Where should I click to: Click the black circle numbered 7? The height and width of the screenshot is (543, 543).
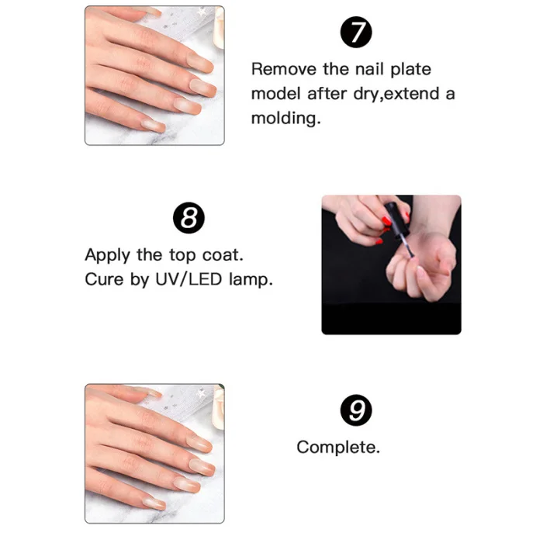pyautogui.click(x=356, y=33)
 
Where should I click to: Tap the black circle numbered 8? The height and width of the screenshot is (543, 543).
pyautogui.click(x=188, y=218)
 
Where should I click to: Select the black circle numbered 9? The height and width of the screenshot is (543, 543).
pyautogui.click(x=356, y=410)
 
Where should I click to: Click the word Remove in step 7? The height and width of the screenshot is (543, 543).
pyautogui.click(x=284, y=69)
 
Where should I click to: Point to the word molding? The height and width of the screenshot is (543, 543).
pyautogui.click(x=286, y=118)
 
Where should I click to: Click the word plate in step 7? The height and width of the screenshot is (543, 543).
pyautogui.click(x=410, y=69)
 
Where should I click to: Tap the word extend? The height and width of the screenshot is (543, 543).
pyautogui.click(x=412, y=94)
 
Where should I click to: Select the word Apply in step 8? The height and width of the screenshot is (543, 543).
pyautogui.click(x=108, y=255)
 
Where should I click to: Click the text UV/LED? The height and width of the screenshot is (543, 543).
pyautogui.click(x=188, y=279)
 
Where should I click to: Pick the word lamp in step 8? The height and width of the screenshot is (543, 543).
pyautogui.click(x=251, y=280)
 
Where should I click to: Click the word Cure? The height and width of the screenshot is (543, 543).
pyautogui.click(x=104, y=279)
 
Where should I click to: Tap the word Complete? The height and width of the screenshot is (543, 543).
pyautogui.click(x=338, y=448)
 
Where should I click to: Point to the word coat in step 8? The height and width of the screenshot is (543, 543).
pyautogui.click(x=223, y=255)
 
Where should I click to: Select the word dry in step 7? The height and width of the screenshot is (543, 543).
pyautogui.click(x=366, y=94)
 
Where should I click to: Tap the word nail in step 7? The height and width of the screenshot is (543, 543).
pyautogui.click(x=370, y=69)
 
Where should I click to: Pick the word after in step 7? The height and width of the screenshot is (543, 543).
pyautogui.click(x=327, y=94)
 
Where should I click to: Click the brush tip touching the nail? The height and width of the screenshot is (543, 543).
pyautogui.click(x=411, y=254)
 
